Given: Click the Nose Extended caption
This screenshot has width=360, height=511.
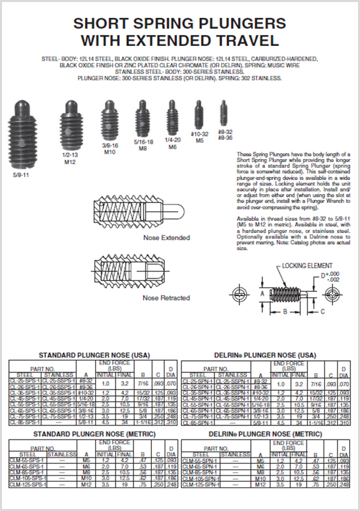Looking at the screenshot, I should tap(158, 238).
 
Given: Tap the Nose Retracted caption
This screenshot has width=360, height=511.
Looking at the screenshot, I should tap(158, 298).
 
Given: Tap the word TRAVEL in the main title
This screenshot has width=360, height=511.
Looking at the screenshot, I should tap(248, 40).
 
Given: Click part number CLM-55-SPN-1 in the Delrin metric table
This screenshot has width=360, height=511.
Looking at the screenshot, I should tap(199, 460).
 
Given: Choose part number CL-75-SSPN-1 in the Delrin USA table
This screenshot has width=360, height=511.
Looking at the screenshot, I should tap(233, 416).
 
